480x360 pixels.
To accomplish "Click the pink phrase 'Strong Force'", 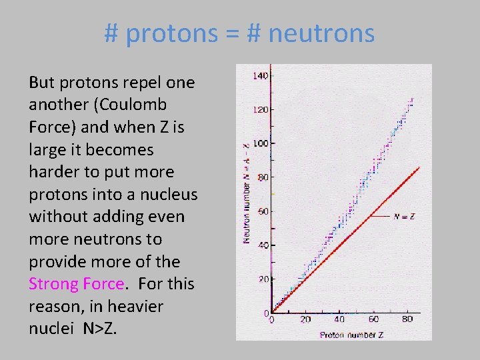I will pyautogui.click(x=76, y=284).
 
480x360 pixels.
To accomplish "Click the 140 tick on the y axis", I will pyautogui.click(x=260, y=76).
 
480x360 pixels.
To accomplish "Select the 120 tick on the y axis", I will pyautogui.click(x=260, y=109).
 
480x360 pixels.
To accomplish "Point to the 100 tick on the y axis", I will pyautogui.click(x=260, y=143).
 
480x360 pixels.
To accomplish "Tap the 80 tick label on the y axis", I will pyautogui.click(x=263, y=177).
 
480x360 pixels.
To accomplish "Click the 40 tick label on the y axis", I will pyautogui.click(x=263, y=245).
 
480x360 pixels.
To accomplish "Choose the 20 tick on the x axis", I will pyautogui.click(x=305, y=319).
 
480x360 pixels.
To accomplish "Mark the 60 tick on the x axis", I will pyautogui.click(x=373, y=319).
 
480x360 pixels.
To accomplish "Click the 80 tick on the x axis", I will pyautogui.click(x=407, y=319).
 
